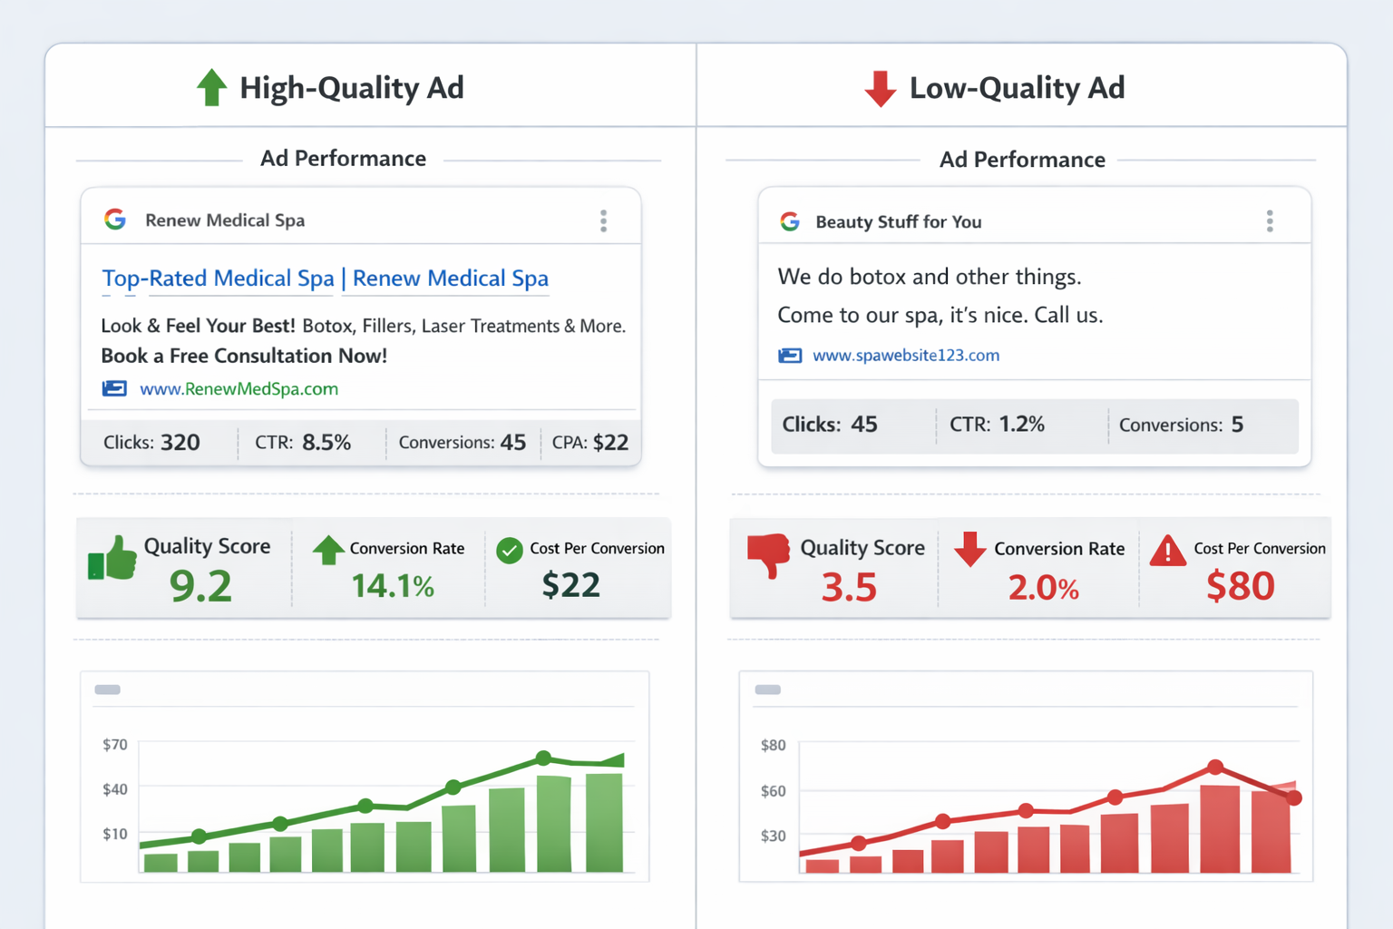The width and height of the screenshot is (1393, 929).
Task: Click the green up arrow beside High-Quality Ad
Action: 211,88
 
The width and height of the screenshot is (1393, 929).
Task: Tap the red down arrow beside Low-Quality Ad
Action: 880,89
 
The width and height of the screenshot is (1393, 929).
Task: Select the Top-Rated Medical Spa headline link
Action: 325,279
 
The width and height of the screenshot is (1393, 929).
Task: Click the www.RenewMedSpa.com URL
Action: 239,389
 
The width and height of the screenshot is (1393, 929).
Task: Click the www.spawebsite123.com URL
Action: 905,356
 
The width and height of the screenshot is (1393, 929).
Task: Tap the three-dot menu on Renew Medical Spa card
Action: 603,220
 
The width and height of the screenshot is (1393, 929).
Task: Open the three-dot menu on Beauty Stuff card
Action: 1270,221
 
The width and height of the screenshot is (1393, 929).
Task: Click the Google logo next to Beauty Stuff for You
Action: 790,221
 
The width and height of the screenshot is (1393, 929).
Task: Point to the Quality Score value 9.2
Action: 200,586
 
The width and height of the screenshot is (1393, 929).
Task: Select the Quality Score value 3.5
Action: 849,588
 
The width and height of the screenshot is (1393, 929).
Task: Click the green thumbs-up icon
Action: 112,558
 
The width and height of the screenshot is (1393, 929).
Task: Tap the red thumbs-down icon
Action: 768,554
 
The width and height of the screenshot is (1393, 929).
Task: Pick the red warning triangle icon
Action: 1167,551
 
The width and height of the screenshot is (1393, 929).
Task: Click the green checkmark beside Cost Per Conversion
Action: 510,550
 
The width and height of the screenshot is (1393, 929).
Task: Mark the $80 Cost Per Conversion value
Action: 1240,586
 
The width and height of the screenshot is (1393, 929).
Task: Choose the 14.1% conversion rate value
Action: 393,586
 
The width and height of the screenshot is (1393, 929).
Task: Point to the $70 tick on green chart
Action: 115,745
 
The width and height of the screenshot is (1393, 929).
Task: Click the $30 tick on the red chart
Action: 773,836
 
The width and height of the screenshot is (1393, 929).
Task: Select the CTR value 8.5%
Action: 326,443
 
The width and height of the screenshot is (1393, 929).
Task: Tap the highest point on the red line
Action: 1215,768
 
